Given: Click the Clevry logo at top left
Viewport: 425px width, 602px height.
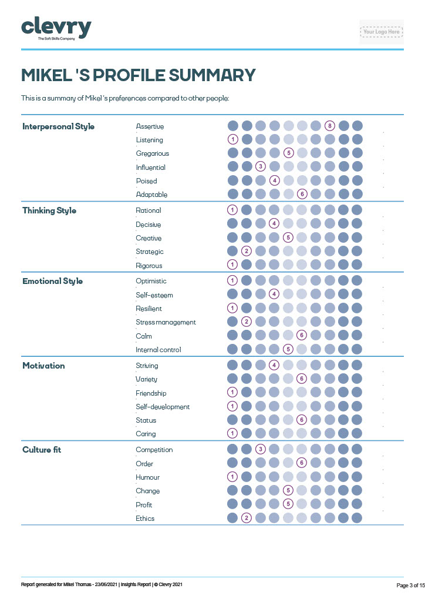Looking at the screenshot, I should pos(56,29).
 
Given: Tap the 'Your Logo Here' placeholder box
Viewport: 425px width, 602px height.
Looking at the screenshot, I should pos(381,32).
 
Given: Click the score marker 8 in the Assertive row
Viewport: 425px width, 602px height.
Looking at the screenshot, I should pos(330,126).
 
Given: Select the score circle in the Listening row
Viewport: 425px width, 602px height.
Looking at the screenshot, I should pos(232,139).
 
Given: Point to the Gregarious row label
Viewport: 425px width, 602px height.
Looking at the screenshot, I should pos(152,153).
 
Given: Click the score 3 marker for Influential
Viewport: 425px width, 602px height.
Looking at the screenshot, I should pos(261,167).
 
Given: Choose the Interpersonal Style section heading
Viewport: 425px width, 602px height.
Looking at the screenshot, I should pos(58,126).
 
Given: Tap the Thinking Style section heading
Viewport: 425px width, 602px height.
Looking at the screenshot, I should pos(49,210).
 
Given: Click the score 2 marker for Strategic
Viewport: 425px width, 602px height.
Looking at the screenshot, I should pos(247,252).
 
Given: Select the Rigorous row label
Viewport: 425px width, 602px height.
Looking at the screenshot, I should pos(149,266).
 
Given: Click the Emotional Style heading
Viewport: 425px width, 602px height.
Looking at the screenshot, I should pos(52,281).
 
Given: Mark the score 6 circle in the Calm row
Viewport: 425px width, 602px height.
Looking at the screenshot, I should pos(302,335).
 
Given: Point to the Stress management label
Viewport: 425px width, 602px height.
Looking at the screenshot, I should pos(166,322).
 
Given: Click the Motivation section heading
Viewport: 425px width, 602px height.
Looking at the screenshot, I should pos(43,366).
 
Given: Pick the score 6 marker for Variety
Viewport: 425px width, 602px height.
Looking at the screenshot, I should pos(302,379).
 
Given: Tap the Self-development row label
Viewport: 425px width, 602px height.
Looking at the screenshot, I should pos(163,407).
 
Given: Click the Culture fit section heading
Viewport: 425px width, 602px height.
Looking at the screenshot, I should pos(42,450).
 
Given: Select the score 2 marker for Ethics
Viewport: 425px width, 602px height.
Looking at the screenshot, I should pos(247,518).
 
